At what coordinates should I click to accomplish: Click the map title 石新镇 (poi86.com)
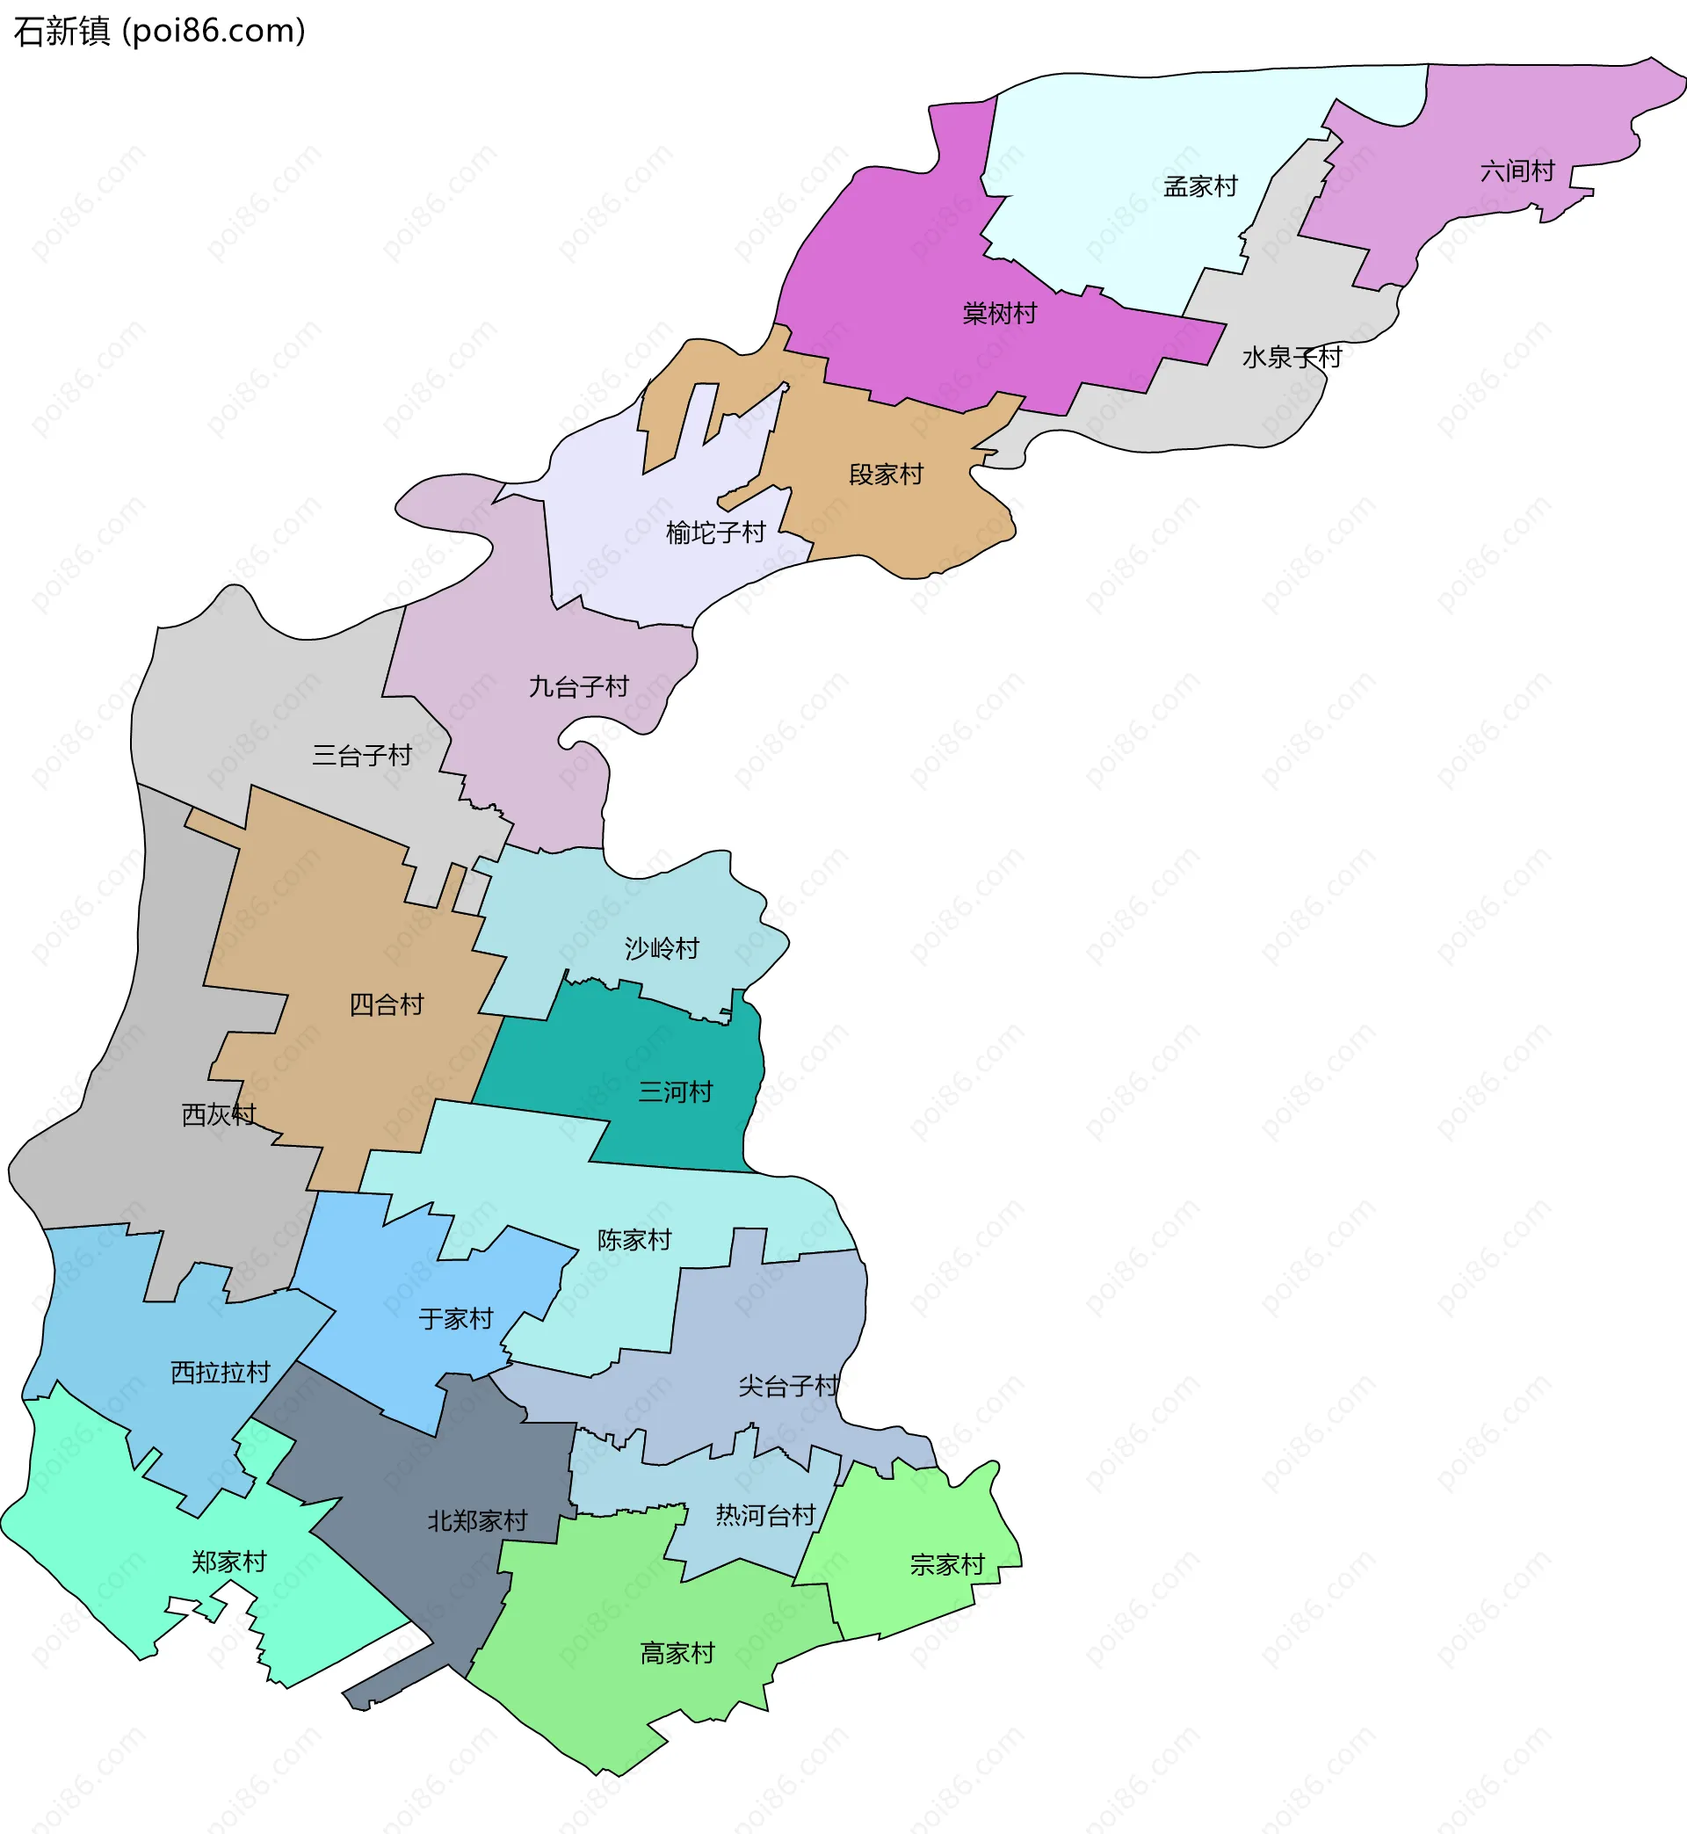[x=160, y=31]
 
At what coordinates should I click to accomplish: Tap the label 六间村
[x=1517, y=171]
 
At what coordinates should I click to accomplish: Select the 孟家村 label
[x=1200, y=187]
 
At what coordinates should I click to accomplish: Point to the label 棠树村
[x=1000, y=314]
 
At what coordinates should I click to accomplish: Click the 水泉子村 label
[x=1292, y=357]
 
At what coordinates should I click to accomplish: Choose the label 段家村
[x=886, y=475]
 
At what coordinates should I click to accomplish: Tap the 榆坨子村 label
[x=716, y=533]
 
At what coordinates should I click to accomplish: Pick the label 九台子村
[x=579, y=686]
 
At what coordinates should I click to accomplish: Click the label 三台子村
[x=361, y=755]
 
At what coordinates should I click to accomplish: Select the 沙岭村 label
[x=662, y=948]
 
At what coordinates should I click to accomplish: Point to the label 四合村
[x=387, y=1005]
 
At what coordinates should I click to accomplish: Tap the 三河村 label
[x=676, y=1091]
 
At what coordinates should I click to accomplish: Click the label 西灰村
[x=219, y=1114]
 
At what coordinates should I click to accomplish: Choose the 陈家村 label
[x=634, y=1240]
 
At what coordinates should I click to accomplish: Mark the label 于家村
[x=455, y=1318]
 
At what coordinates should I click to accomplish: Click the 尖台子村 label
[x=789, y=1386]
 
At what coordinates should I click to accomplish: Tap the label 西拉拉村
[x=221, y=1372]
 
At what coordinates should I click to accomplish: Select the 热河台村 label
[x=765, y=1515]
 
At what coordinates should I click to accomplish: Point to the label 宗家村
[x=947, y=1565]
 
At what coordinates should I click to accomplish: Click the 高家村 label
[x=677, y=1653]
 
